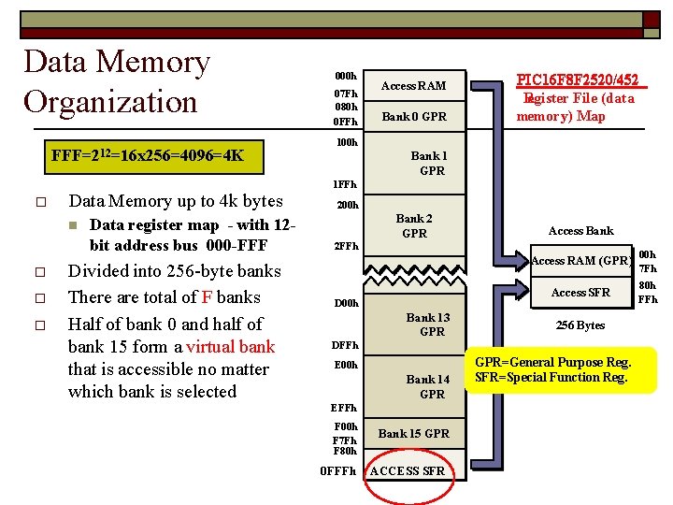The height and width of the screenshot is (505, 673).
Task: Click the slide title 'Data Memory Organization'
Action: (117, 81)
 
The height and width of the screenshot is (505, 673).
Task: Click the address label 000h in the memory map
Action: (345, 75)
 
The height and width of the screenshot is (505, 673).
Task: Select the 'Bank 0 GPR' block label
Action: (413, 117)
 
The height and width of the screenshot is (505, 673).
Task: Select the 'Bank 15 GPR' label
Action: (413, 433)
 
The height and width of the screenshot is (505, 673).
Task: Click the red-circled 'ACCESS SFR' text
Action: (408, 470)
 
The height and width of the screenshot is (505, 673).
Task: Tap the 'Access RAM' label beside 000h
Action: (413, 86)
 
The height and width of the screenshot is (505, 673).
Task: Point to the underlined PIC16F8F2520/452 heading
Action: (577, 80)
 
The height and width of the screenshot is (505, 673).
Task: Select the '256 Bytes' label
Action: (580, 325)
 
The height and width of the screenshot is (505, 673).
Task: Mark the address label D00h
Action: (346, 303)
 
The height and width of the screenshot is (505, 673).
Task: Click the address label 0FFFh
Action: (338, 470)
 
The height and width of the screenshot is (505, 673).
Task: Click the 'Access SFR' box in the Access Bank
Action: (580, 293)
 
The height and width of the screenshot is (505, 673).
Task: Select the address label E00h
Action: (346, 365)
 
